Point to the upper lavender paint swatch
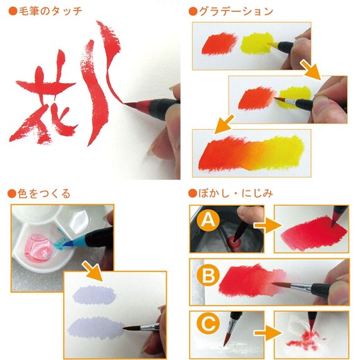tap(93, 294)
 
